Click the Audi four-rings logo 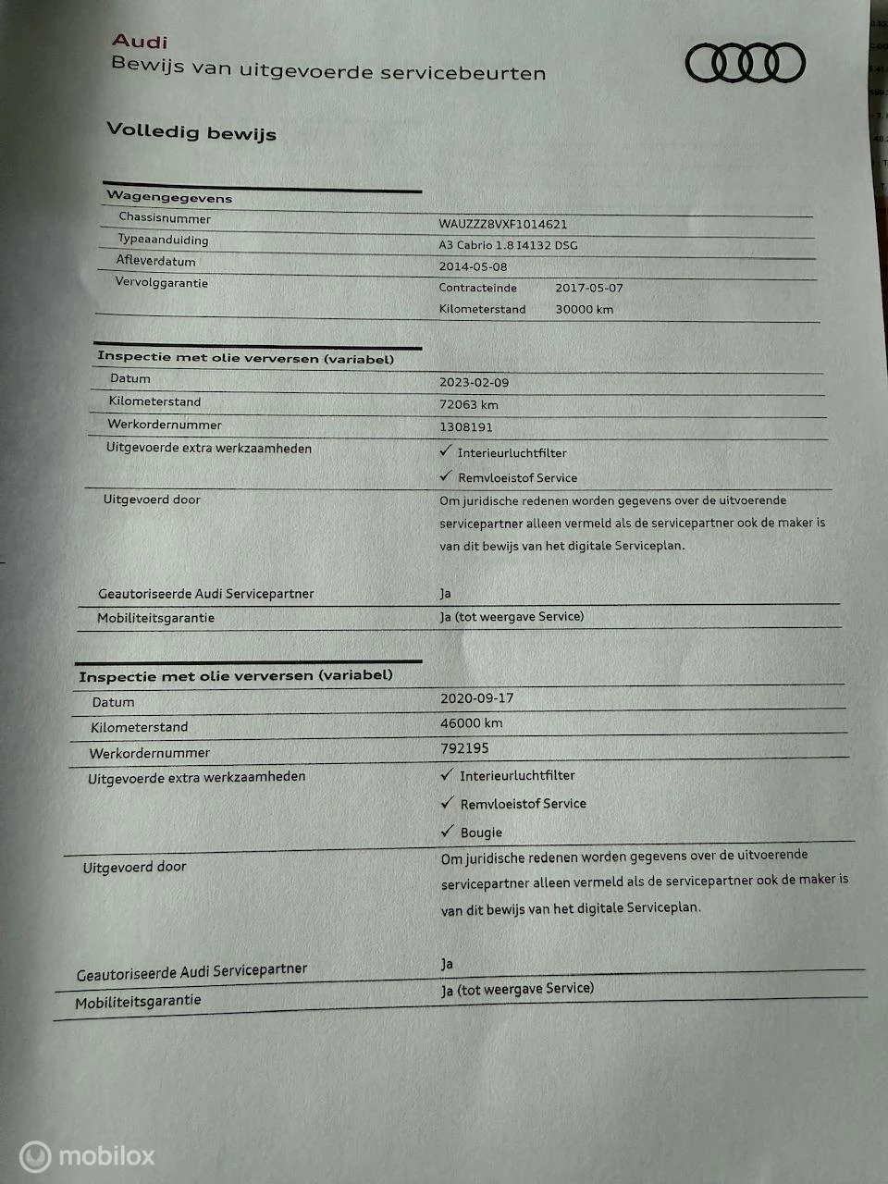point(745,64)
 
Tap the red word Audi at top point(140,41)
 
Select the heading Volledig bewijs point(191,131)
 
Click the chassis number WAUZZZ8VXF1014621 point(502,224)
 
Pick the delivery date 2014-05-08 point(473,266)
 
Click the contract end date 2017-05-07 point(588,288)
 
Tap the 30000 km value point(584,309)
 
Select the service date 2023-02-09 point(474,382)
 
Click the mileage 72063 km point(468,404)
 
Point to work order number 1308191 point(465,427)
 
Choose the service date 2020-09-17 point(476,699)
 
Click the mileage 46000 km point(471,723)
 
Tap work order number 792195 point(464,748)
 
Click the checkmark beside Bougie point(448,831)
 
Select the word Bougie point(481,832)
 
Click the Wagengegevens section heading point(169,197)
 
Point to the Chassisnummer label point(165,218)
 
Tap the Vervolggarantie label point(161,282)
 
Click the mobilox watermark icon point(35,1156)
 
